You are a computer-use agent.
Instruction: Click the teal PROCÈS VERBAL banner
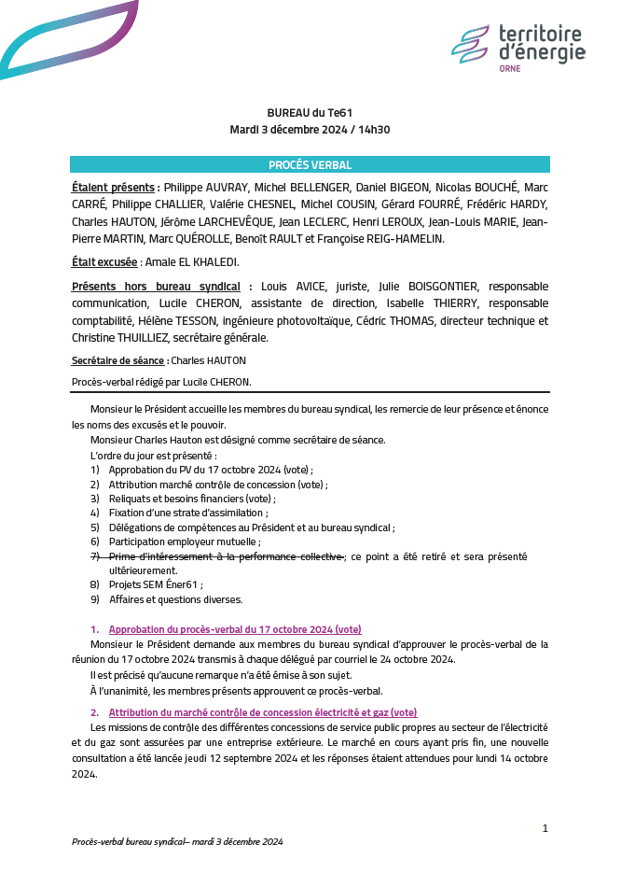tap(310, 165)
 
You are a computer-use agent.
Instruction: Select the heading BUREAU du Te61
tap(310, 112)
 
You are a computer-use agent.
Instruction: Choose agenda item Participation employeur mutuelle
tap(185, 541)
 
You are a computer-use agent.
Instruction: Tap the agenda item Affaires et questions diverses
tap(175, 599)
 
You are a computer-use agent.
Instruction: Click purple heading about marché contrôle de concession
tap(262, 712)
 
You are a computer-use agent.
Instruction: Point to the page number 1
tap(545, 828)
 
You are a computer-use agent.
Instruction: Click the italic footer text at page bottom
tap(177, 841)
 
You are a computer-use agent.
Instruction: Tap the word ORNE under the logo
tap(510, 68)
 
